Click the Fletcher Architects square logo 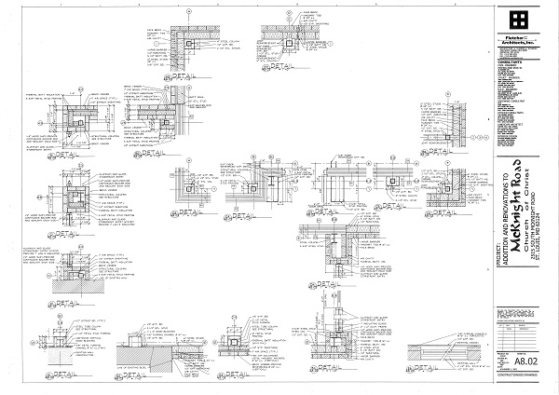tap(518, 20)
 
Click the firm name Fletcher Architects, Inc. tap(518, 38)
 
